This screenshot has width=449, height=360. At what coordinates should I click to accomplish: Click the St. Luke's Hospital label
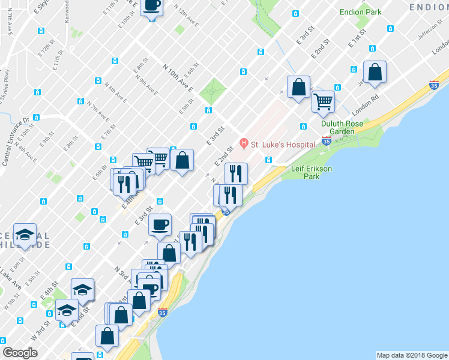[x=283, y=145]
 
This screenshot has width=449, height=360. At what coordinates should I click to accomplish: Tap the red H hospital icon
[x=244, y=144]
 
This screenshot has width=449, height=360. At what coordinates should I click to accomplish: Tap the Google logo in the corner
[x=20, y=353]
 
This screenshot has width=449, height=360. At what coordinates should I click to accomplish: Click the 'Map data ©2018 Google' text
[x=412, y=355]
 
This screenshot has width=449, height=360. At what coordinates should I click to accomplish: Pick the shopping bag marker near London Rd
[x=375, y=72]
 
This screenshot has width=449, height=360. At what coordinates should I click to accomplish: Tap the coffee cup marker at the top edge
[x=151, y=6]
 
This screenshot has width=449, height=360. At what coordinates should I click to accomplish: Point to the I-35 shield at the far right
[x=434, y=86]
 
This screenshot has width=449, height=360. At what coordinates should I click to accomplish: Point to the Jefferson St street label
[x=430, y=29]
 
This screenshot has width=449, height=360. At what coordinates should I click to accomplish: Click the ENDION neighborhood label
[x=429, y=7]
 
